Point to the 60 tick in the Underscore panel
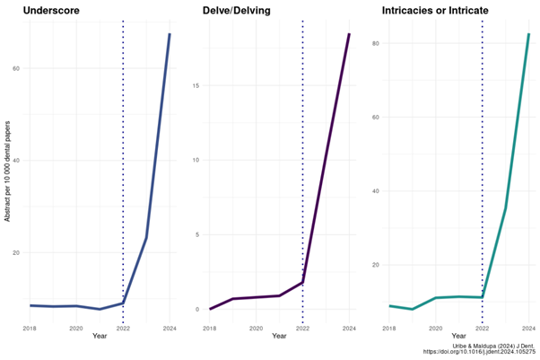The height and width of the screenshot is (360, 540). pos(16,68)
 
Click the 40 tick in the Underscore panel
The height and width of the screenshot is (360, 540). pos(16,161)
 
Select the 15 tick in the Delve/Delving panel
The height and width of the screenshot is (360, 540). pos(197,85)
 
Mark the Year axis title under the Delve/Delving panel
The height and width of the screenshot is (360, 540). pos(279,337)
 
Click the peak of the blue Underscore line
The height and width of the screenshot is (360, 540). pos(170,34)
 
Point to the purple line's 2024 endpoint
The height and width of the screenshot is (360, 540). pos(349,34)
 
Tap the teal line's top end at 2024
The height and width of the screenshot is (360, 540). pos(528,34)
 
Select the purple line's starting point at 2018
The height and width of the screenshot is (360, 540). pos(210,309)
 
